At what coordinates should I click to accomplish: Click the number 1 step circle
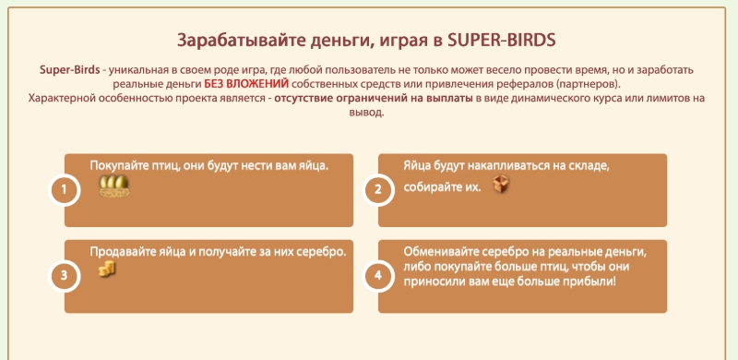click(x=64, y=191)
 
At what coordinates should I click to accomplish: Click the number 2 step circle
click(x=377, y=191)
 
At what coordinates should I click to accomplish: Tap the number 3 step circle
click(x=64, y=275)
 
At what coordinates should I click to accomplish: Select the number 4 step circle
click(x=377, y=275)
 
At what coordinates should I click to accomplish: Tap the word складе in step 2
click(x=583, y=165)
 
